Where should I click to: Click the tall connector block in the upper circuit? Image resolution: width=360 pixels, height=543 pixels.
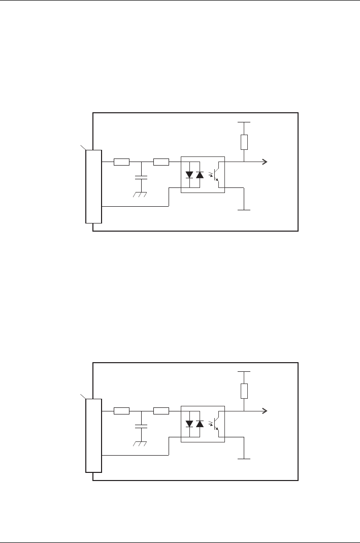94,186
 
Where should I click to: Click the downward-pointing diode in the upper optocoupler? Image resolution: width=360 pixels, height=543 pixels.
189,174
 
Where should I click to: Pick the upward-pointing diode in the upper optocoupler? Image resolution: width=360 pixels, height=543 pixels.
200,174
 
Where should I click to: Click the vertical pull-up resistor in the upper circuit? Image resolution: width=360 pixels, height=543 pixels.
244,142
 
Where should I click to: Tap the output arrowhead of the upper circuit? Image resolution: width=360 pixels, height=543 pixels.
265,162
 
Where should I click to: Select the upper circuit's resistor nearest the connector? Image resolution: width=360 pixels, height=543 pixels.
121,162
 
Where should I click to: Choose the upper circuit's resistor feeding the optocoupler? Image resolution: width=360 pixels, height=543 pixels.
161,162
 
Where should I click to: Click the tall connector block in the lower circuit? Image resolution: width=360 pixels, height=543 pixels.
94,435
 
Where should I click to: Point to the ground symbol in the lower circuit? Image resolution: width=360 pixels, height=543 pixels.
140,444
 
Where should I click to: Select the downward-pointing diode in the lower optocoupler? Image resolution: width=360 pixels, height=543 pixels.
189,423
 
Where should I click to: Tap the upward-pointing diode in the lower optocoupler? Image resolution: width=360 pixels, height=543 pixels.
200,423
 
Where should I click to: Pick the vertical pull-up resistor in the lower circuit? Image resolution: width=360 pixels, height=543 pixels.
244,391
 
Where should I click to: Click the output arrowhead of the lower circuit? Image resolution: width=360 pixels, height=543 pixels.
265,411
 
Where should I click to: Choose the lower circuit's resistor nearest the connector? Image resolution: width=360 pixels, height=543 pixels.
121,411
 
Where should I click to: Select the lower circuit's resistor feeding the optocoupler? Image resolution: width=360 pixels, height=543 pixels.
161,411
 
